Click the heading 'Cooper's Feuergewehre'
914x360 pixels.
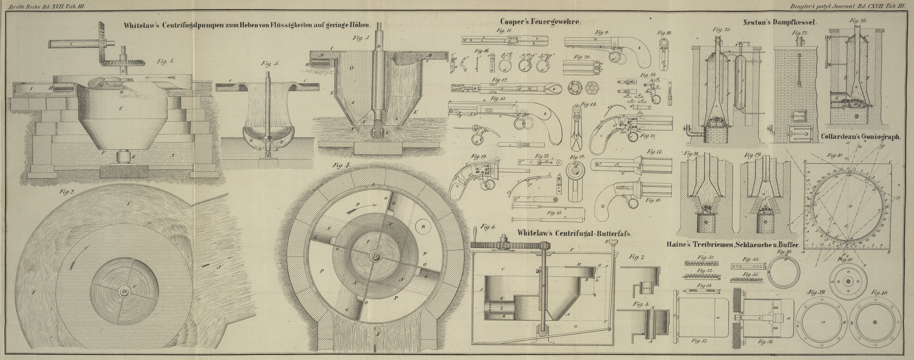click(x=540, y=21)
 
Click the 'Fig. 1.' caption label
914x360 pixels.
click(x=165, y=61)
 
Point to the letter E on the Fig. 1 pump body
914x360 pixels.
click(x=121, y=108)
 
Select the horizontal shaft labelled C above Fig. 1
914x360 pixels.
click(x=71, y=44)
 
